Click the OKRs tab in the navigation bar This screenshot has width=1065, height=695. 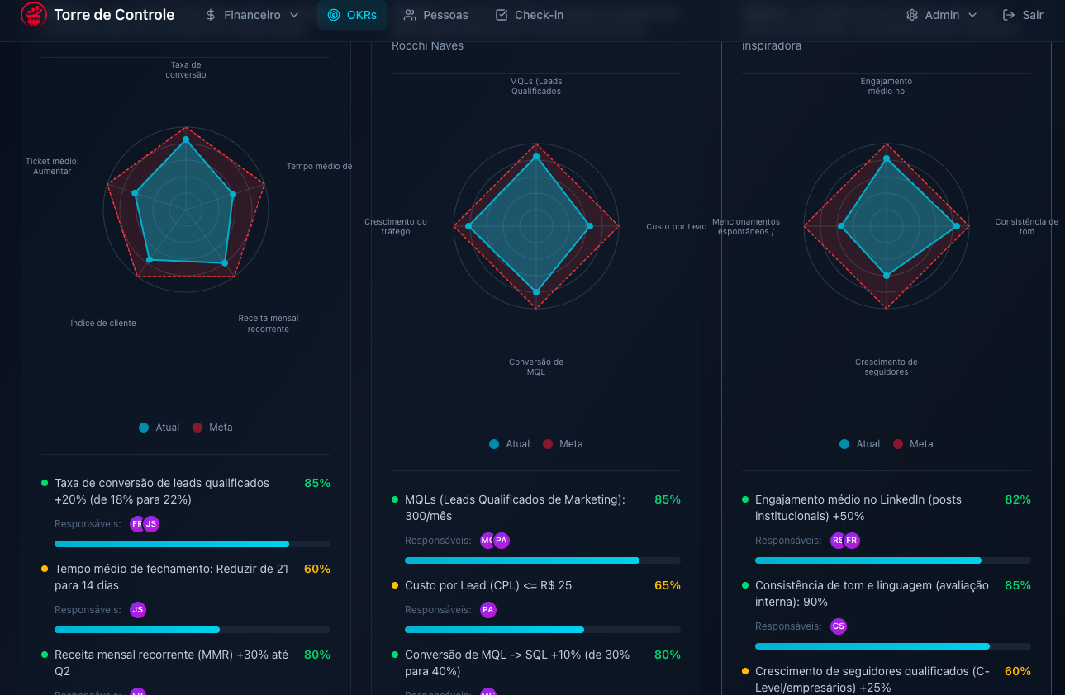click(351, 15)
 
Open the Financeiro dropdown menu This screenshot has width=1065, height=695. click(252, 15)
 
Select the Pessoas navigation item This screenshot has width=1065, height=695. click(435, 15)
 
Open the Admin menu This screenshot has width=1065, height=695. click(941, 15)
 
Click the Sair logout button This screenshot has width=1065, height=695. click(1022, 15)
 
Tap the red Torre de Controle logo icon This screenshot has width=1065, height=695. click(34, 15)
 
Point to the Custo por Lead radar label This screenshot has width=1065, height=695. click(676, 227)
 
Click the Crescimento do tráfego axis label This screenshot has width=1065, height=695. click(395, 227)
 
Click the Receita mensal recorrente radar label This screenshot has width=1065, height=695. click(268, 324)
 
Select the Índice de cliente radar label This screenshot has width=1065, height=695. click(103, 324)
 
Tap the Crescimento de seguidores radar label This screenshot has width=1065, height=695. click(886, 367)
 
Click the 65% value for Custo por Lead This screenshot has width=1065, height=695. click(667, 585)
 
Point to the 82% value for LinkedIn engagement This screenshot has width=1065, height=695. click(1017, 499)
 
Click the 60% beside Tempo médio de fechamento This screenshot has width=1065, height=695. click(316, 569)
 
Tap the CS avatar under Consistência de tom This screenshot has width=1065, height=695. click(838, 626)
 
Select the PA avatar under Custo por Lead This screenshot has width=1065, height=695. click(487, 610)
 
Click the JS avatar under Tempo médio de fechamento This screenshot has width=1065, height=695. click(138, 610)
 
